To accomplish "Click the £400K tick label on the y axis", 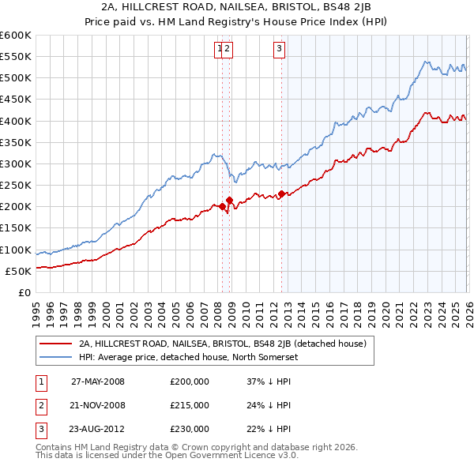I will pyautogui.click(x=15, y=121).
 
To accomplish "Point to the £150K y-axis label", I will pyautogui.click(x=15, y=228).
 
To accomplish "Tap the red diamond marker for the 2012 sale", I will pyautogui.click(x=282, y=194).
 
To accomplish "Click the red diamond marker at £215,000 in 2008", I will pyautogui.click(x=229, y=200).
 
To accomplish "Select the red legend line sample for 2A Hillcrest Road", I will pyautogui.click(x=56, y=344).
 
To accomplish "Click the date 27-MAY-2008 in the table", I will pyautogui.click(x=98, y=382).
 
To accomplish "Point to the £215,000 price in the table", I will pyautogui.click(x=190, y=405).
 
